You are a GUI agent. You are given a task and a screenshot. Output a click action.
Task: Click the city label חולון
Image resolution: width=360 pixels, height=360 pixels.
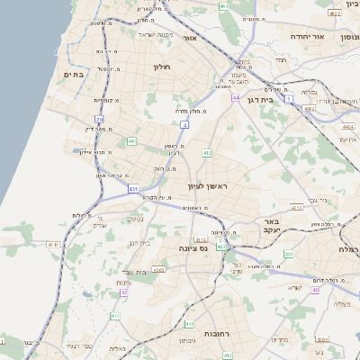[x=162, y=67]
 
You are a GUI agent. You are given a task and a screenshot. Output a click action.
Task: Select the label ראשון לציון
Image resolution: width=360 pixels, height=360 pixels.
[x=209, y=186]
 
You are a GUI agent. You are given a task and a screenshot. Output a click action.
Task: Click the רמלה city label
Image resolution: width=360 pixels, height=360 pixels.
[x=349, y=248]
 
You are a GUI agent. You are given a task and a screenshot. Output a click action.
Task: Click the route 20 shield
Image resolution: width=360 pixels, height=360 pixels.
[x=99, y=119]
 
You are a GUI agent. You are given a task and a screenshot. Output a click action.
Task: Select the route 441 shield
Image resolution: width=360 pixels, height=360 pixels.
[x=132, y=141]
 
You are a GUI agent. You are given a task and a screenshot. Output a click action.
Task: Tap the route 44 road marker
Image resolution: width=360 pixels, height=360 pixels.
[x=236, y=97]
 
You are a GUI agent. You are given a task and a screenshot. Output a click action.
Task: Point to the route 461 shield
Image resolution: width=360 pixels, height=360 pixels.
[x=224, y=7]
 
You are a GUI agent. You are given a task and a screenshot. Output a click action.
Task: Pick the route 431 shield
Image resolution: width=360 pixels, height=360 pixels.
[x=133, y=189]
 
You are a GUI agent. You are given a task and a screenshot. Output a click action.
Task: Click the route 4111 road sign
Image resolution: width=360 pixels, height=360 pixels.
[x=52, y=244]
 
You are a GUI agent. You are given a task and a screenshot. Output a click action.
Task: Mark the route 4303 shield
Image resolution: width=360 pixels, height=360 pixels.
[x=158, y=268]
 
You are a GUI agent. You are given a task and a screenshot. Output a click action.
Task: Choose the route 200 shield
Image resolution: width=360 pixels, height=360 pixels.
[x=288, y=255]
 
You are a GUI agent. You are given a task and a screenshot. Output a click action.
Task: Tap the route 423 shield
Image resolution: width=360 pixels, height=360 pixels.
[x=220, y=247]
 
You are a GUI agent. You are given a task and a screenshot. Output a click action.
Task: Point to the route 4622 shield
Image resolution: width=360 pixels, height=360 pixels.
[x=334, y=13]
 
